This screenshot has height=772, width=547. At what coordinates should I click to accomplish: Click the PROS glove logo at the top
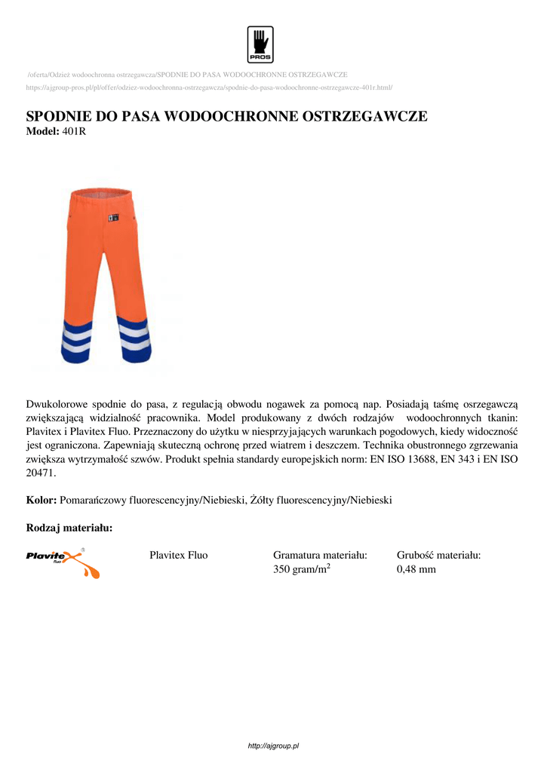point(260,44)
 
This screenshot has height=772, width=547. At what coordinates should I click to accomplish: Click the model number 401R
point(75,131)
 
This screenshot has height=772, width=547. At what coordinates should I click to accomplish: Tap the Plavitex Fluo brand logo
point(63,562)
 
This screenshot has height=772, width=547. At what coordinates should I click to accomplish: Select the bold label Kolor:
point(41,500)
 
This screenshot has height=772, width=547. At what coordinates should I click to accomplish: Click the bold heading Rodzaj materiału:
point(69,528)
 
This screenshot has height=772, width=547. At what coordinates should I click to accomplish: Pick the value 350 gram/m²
point(302,569)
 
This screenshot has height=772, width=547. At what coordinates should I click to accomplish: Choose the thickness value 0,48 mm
point(416,569)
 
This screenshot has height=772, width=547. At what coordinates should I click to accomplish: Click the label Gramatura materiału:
point(320,556)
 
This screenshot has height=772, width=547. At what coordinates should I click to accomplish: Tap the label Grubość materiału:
point(439,556)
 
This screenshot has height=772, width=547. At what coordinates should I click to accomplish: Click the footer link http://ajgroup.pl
point(274,746)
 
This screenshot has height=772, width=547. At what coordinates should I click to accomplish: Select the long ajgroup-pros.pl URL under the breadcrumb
point(210,87)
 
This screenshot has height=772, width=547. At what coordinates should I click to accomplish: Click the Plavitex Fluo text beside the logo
point(179,556)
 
